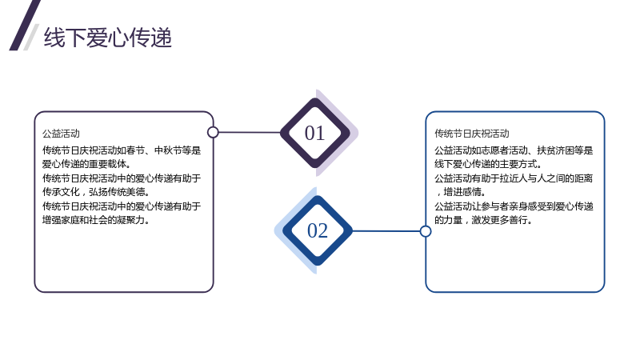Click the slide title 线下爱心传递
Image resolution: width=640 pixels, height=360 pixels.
pyautogui.click(x=108, y=38)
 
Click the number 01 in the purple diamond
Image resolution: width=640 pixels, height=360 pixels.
pyautogui.click(x=314, y=133)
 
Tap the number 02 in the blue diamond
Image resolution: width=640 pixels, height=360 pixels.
pyautogui.click(x=318, y=230)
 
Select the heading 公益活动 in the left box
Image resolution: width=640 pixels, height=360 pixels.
pyautogui.click(x=61, y=134)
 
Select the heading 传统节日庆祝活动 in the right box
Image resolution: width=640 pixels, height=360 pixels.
pyautogui.click(x=472, y=134)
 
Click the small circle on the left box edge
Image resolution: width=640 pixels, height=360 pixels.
pyautogui.click(x=213, y=132)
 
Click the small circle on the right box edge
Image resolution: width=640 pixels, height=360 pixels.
pyautogui.click(x=426, y=231)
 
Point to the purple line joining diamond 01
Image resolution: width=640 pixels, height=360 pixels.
pyautogui.click(x=250, y=132)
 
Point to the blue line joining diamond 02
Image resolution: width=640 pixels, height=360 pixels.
pyautogui.click(x=386, y=231)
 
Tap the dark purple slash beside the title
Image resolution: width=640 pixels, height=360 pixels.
pyautogui.click(x=25, y=26)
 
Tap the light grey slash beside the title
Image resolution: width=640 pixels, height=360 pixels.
pyautogui.click(x=31, y=37)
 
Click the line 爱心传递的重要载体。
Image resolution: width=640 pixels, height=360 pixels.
pyautogui.click(x=86, y=164)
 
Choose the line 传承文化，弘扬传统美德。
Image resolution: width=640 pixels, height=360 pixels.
pyautogui.click(x=96, y=192)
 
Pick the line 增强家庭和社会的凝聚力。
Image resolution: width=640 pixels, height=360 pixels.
pyautogui.click(x=96, y=220)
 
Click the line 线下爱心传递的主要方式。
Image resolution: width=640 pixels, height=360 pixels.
pyautogui.click(x=488, y=164)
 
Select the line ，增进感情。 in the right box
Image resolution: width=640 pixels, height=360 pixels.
pyautogui.click(x=461, y=192)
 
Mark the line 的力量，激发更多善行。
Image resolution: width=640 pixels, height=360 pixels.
pyautogui.click(x=483, y=220)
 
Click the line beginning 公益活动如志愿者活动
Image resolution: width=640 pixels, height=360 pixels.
pyautogui.click(x=514, y=150)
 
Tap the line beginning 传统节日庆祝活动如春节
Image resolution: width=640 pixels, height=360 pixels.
pyautogui.click(x=122, y=150)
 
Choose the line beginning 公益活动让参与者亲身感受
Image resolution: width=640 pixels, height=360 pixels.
pyautogui.click(x=514, y=206)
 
